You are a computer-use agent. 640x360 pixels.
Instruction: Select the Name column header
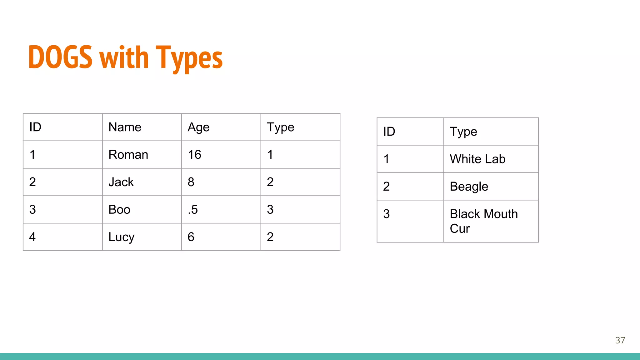click(x=125, y=127)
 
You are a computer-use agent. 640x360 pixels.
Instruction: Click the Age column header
click(x=198, y=127)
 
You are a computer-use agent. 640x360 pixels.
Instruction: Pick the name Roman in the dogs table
click(x=128, y=155)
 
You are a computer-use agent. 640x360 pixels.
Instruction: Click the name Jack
click(x=121, y=182)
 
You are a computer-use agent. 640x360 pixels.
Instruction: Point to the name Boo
click(x=119, y=210)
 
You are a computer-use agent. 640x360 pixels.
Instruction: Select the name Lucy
click(x=121, y=237)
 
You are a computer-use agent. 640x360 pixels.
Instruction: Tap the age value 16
click(x=194, y=155)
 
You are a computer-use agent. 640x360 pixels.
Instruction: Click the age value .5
click(x=193, y=210)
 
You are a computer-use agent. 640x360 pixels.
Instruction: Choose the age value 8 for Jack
click(x=191, y=182)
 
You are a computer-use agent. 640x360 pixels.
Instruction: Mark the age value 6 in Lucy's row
click(x=191, y=237)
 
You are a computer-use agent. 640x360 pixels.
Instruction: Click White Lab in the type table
click(x=477, y=159)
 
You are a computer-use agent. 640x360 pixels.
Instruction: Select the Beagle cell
click(x=469, y=187)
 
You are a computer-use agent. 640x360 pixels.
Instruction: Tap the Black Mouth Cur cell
click(x=483, y=221)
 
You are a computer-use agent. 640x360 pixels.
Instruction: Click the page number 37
click(x=620, y=340)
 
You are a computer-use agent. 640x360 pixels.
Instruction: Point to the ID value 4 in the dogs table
click(x=32, y=237)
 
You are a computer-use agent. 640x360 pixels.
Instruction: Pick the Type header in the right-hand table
click(x=463, y=132)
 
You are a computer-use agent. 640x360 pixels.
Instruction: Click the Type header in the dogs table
click(x=280, y=127)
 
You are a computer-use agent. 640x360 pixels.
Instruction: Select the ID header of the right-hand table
click(x=389, y=132)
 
